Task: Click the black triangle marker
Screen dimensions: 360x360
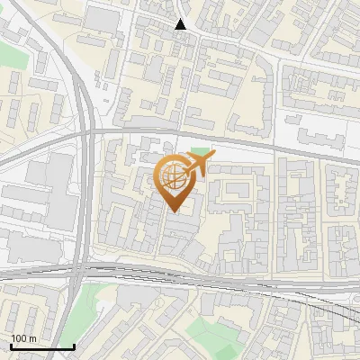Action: coord(181,24)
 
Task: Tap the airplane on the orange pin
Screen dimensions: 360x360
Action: coord(199,163)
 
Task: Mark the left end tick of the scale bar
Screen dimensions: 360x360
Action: coord(11,346)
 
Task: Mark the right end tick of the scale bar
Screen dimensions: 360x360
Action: coord(74,346)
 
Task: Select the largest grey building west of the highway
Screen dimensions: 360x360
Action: coord(49,189)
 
